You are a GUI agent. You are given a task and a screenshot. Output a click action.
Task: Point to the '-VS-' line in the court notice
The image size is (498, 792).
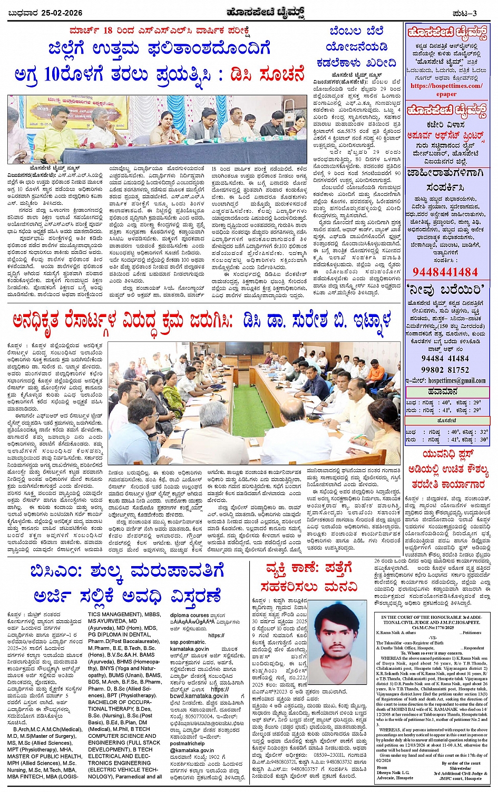pos(432,638)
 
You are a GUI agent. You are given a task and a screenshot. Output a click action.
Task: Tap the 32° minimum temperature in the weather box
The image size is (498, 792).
pos(484,432)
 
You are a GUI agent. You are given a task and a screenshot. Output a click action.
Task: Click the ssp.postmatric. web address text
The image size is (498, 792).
pos(188,642)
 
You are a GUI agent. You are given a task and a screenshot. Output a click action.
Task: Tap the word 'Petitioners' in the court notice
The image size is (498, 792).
pos(472,632)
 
